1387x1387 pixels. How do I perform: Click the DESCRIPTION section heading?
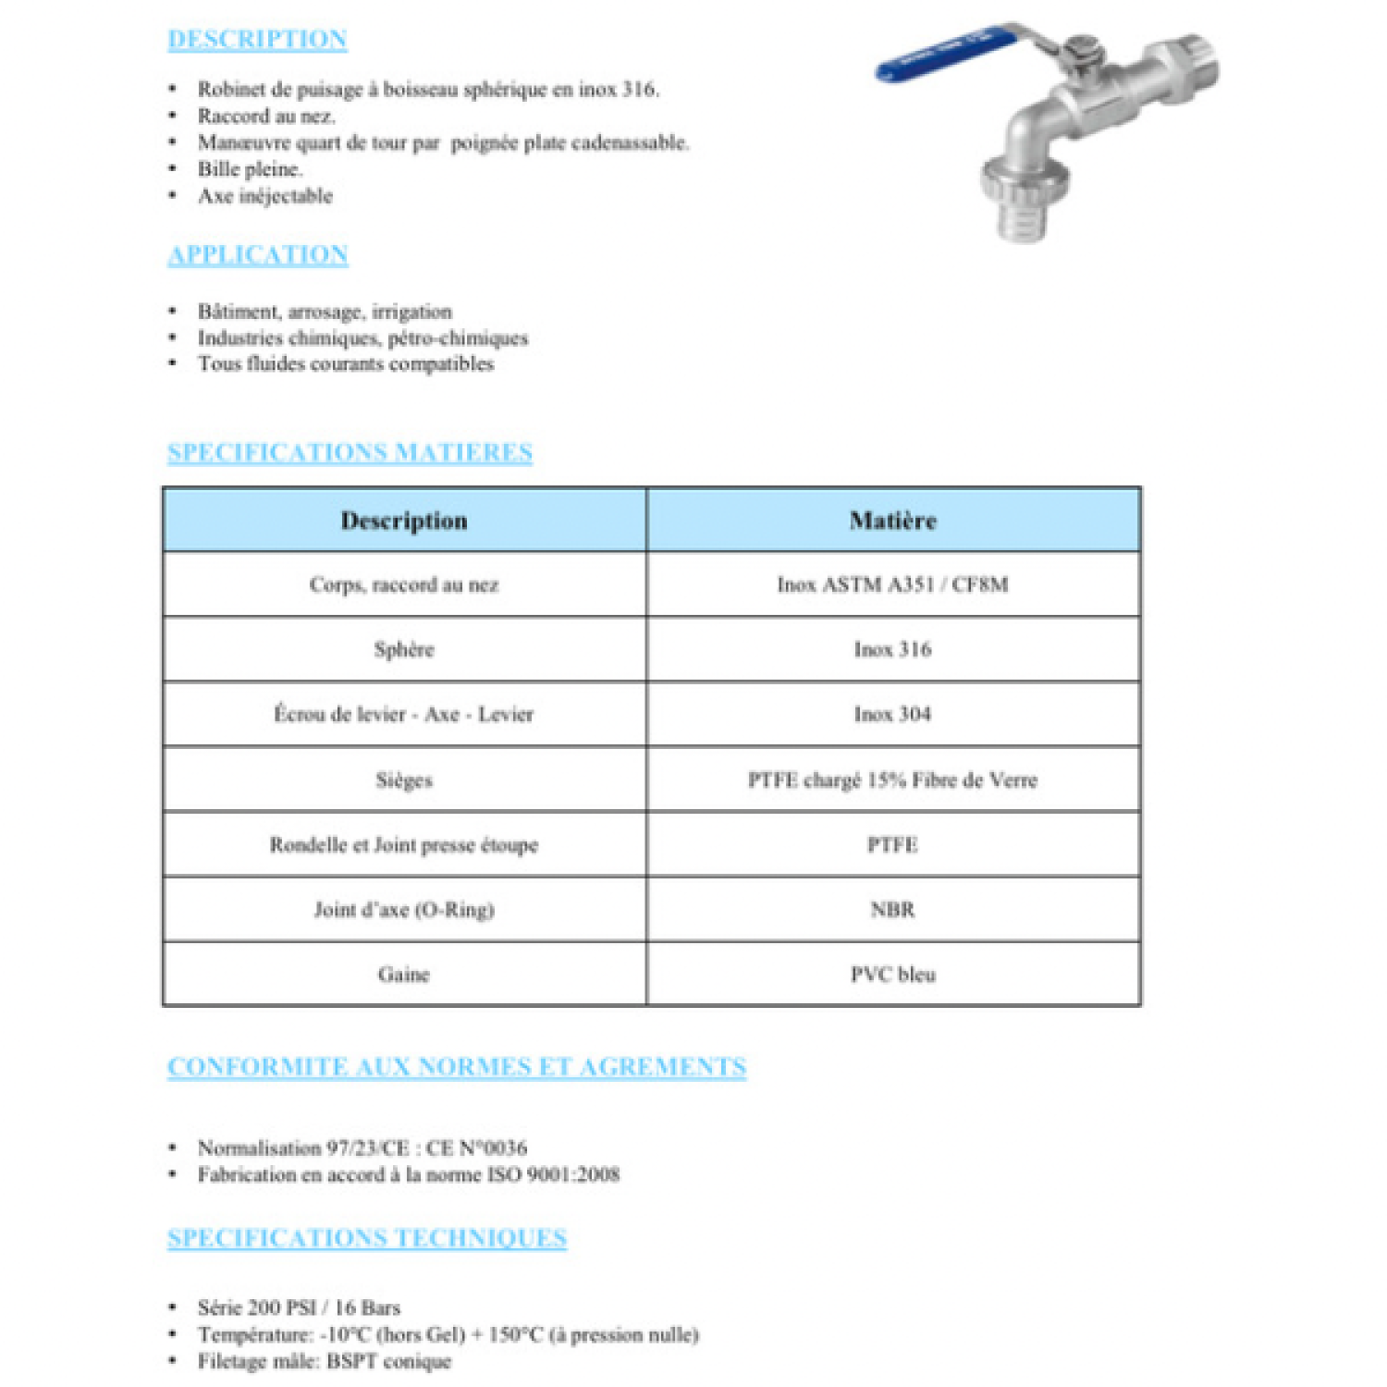(257, 39)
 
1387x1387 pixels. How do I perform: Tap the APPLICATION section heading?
(258, 254)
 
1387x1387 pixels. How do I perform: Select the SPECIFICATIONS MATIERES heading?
(350, 452)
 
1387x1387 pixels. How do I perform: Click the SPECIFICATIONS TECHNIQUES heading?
(367, 1237)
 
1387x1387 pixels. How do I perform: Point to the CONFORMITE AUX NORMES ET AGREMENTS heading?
(457, 1066)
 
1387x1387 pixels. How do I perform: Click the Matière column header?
(893, 521)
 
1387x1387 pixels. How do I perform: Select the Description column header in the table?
(404, 521)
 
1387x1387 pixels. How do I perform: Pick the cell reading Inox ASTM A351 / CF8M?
(893, 584)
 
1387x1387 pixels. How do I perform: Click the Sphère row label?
(404, 649)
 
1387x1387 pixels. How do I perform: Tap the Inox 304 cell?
(893, 714)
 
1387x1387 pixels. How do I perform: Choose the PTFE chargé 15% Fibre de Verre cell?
(893, 779)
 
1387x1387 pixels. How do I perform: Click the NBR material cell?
(893, 910)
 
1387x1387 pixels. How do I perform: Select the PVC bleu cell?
(893, 975)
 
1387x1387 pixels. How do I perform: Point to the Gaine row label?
(404, 975)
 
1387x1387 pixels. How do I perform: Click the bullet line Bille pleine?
(250, 169)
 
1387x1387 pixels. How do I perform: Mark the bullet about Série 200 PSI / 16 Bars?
(299, 1307)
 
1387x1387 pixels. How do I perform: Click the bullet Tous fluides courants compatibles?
(346, 363)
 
